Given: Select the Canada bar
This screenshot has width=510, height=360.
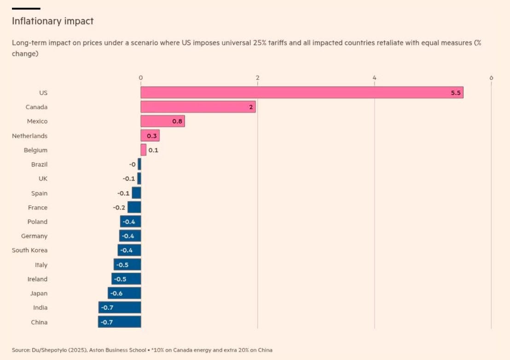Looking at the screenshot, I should (198, 107).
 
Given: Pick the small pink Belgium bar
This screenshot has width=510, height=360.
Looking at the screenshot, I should (143, 150).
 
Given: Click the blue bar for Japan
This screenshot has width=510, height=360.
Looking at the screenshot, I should (124, 293).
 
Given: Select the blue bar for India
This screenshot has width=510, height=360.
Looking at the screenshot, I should (120, 308).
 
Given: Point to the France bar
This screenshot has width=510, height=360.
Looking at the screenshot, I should (134, 207).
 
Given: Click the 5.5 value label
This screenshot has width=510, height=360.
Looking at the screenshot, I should (456, 93).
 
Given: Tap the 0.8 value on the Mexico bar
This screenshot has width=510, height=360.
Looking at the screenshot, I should (177, 122).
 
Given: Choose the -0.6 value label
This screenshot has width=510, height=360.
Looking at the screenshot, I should (116, 293).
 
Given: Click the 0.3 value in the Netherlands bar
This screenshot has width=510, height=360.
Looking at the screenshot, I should (151, 136).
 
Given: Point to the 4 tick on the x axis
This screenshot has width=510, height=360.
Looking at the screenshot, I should (375, 77).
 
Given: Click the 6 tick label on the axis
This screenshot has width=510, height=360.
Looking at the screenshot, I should (491, 77).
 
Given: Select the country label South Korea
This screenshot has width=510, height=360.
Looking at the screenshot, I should (29, 250).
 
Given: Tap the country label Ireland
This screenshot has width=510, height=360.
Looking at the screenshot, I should (37, 279).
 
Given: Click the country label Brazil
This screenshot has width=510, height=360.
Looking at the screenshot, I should (39, 164).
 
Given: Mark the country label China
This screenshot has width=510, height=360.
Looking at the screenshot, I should (39, 322).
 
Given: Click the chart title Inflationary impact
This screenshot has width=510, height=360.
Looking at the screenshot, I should (52, 21).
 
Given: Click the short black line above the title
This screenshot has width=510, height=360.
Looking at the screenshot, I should (26, 8).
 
